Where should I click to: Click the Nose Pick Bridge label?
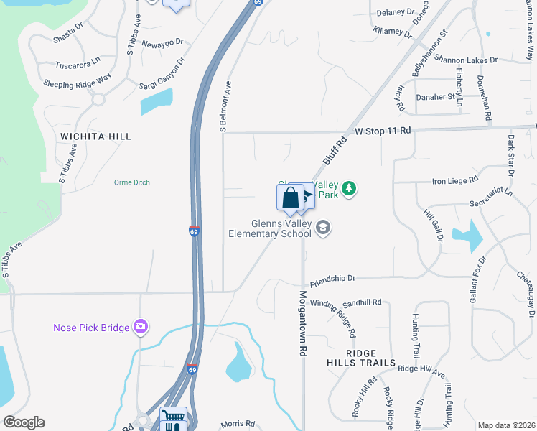(91, 328)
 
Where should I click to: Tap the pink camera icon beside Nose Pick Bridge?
(141, 328)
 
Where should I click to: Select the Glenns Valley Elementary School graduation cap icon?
(323, 228)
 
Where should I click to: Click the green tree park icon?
(349, 189)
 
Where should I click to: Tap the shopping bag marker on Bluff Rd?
(291, 198)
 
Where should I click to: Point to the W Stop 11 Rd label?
(383, 131)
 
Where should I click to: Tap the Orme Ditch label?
(132, 182)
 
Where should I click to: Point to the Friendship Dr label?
(332, 277)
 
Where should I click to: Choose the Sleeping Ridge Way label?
(78, 84)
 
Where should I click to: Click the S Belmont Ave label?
(224, 106)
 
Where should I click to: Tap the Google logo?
(24, 422)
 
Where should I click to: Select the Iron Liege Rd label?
(454, 180)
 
